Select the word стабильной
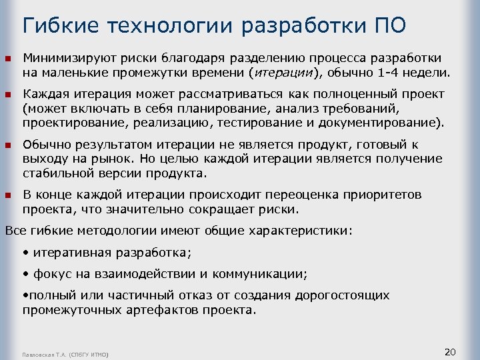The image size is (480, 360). pyautogui.click(x=56, y=173)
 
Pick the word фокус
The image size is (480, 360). pyautogui.click(x=49, y=273)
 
